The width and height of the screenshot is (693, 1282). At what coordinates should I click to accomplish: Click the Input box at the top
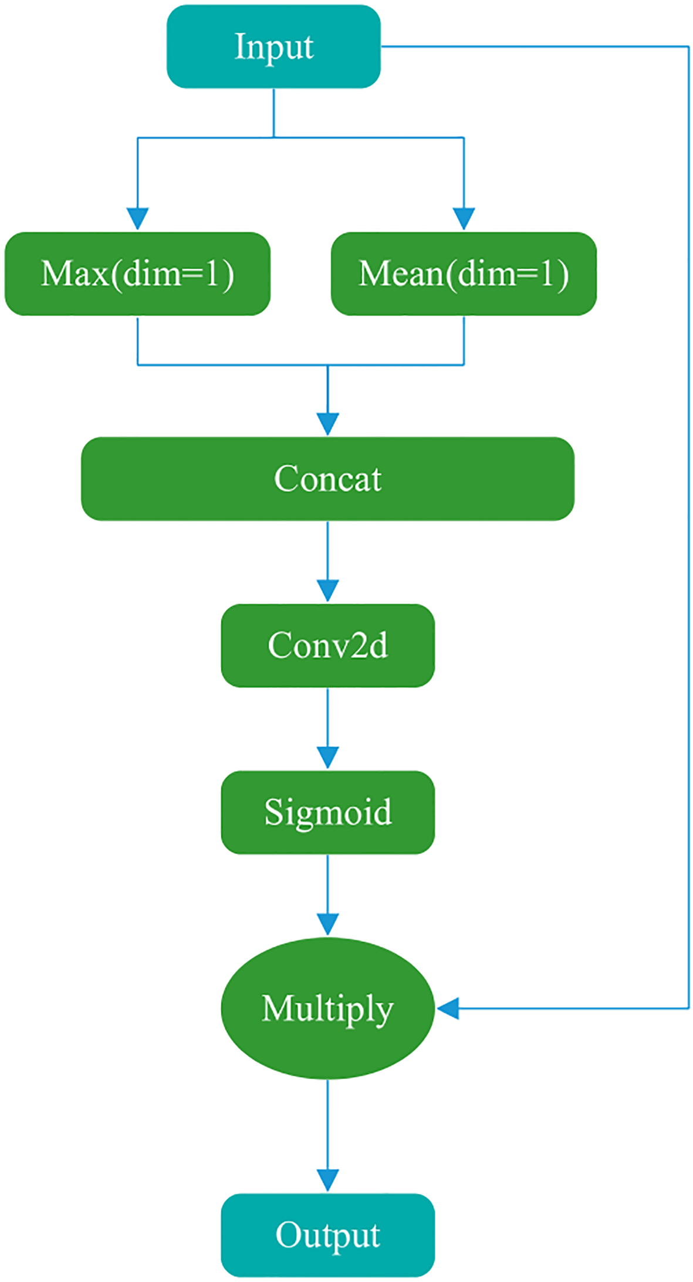(273, 46)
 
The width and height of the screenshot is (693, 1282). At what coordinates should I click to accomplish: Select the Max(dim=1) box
(137, 274)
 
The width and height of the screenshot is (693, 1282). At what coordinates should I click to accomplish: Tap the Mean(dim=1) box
(464, 274)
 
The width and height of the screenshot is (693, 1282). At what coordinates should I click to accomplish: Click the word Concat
(327, 478)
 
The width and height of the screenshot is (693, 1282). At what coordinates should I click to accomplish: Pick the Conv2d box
(327, 645)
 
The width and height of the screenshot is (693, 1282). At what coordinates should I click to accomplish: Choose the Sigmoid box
(327, 812)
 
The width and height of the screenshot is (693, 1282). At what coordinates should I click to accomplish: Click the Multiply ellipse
(327, 1008)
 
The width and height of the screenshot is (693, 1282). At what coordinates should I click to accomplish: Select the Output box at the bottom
(327, 1235)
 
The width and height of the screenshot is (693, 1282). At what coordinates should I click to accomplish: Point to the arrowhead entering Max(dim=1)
(137, 219)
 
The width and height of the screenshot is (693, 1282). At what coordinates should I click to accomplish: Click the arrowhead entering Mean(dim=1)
(464, 219)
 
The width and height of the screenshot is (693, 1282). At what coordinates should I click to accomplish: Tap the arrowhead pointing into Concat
(327, 424)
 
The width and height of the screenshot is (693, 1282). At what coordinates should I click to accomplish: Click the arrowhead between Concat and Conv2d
(327, 591)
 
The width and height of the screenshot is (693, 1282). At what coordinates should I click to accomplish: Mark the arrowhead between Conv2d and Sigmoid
(327, 757)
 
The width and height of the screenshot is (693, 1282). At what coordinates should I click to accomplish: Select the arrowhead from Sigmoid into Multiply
(327, 925)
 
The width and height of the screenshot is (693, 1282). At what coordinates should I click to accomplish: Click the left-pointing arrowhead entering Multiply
(448, 1008)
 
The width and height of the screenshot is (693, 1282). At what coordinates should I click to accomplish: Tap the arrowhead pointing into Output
(327, 1180)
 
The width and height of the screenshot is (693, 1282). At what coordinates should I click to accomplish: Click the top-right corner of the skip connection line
(688, 46)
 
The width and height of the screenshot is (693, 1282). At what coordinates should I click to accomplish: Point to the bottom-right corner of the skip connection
(688, 1008)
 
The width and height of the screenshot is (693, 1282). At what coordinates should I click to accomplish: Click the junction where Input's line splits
(273, 137)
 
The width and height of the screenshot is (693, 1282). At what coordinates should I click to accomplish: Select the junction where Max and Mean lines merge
(327, 365)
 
